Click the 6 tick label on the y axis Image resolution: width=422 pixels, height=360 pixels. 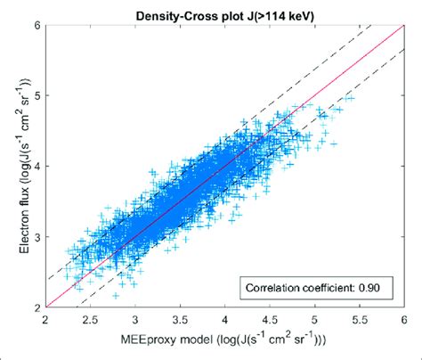tap(36, 24)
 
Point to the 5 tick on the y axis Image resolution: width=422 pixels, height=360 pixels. tap(36, 94)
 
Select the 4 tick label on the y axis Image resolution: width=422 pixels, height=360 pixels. tap(36, 166)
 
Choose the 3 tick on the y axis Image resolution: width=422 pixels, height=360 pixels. tap(36, 237)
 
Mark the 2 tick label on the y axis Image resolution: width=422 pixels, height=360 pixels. tap(36, 307)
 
